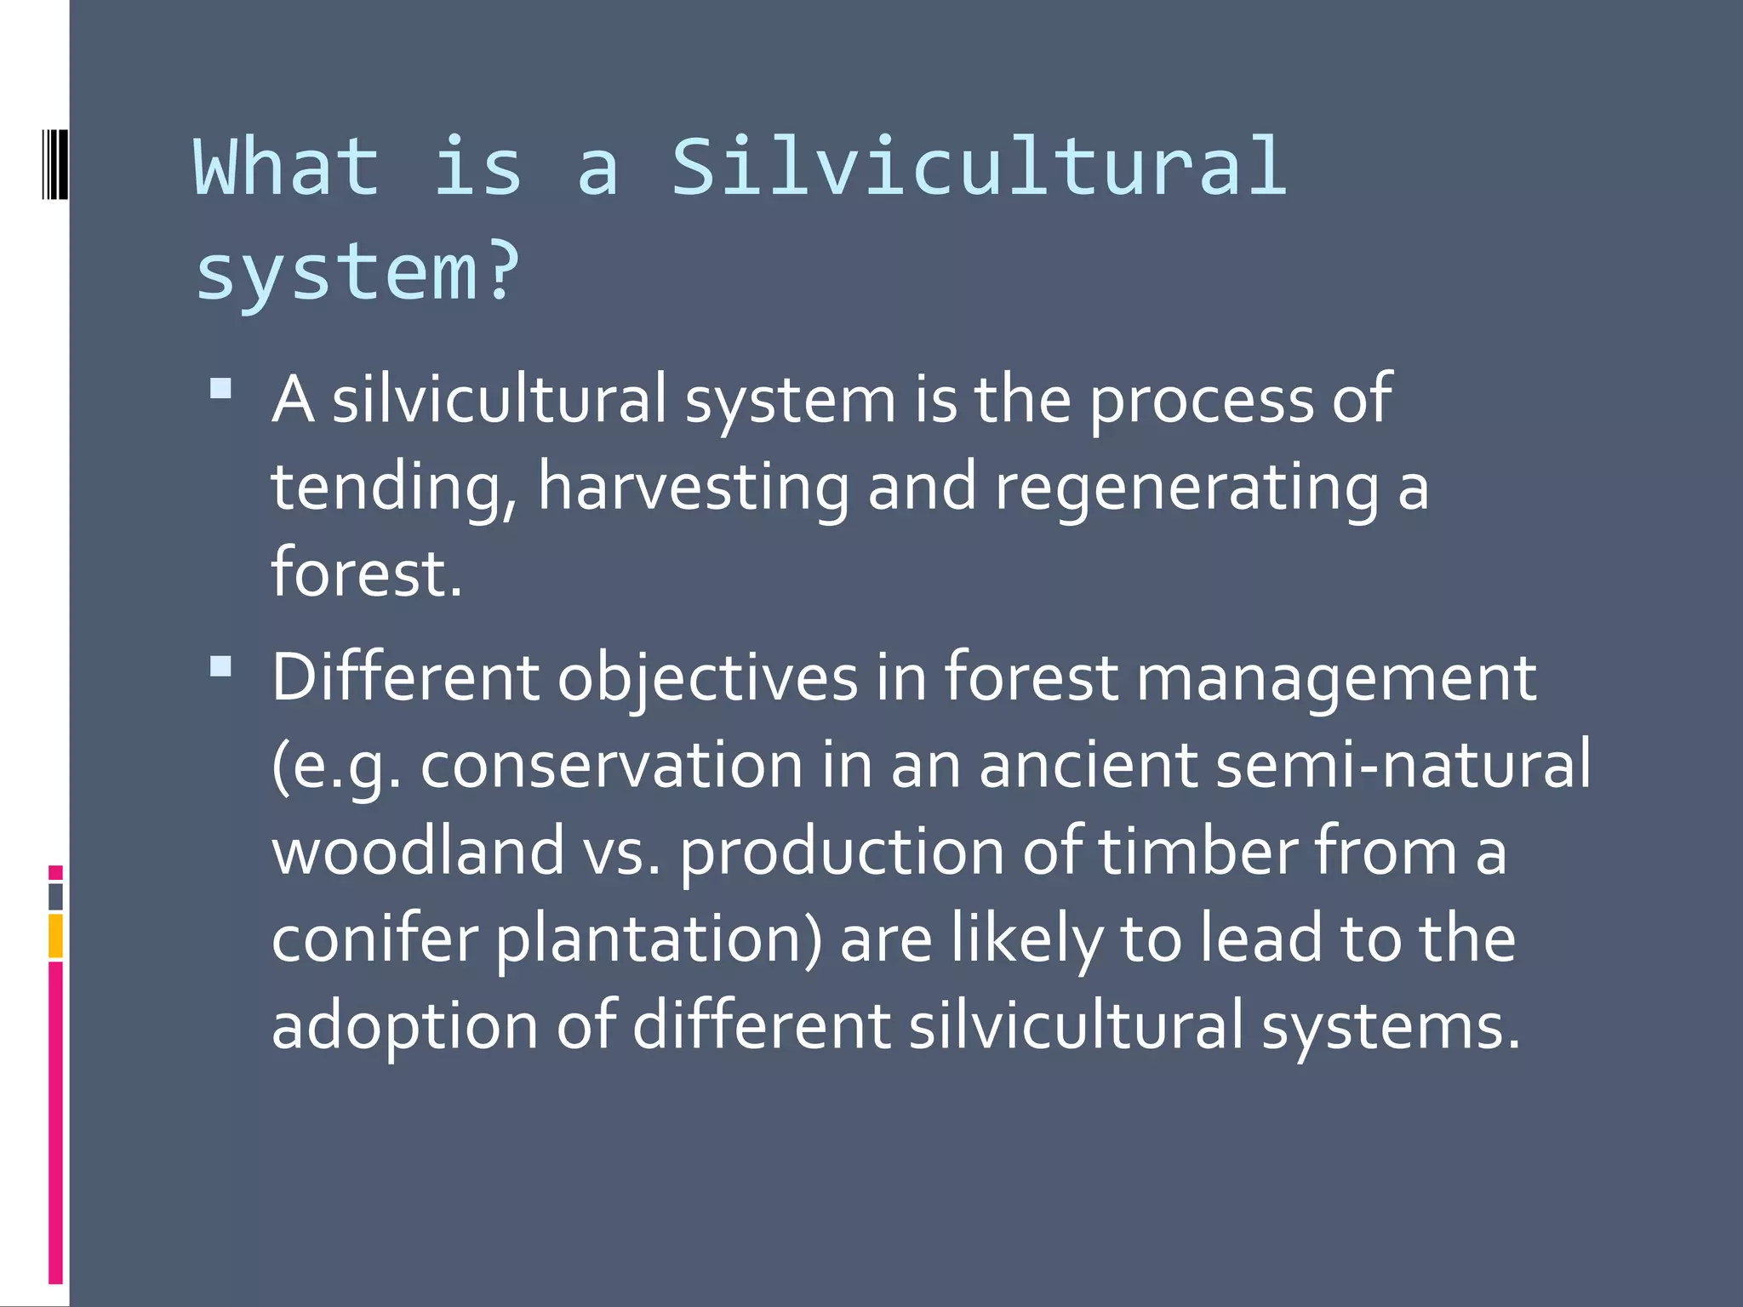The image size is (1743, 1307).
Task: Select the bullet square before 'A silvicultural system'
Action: click(x=220, y=388)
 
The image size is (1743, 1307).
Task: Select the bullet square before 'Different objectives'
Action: click(x=220, y=666)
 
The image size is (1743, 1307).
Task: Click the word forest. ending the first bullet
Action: click(x=366, y=573)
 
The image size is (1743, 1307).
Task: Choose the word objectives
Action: click(x=707, y=679)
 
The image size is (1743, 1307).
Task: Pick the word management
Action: click(x=1336, y=679)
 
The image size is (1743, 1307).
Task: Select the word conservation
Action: click(x=611, y=764)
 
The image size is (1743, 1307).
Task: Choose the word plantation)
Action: click(x=658, y=939)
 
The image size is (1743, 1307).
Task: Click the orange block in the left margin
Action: click(x=55, y=936)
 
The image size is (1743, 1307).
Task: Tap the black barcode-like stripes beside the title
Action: click(x=54, y=163)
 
